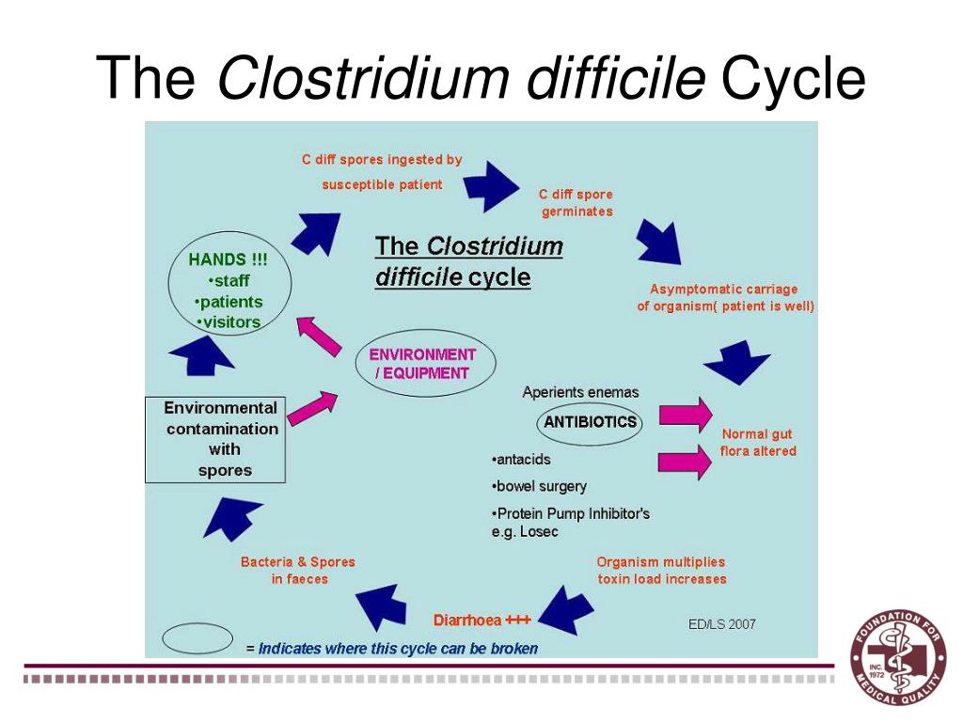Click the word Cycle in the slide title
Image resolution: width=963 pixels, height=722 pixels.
tap(793, 79)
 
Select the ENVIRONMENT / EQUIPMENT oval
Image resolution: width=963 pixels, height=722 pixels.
tap(422, 364)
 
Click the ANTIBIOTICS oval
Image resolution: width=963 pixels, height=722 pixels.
tap(590, 422)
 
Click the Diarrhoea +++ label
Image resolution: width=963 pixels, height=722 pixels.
tap(481, 620)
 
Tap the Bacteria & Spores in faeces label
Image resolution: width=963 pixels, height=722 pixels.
tap(298, 571)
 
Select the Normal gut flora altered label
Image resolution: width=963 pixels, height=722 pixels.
tap(757, 443)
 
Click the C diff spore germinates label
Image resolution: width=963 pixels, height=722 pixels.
tap(576, 203)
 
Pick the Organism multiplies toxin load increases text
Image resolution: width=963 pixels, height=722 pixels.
tap(662, 571)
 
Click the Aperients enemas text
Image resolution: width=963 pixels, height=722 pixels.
tap(580, 392)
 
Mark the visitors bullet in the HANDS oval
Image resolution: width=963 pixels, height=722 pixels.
tap(230, 322)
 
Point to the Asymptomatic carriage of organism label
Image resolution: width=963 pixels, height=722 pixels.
tap(725, 298)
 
